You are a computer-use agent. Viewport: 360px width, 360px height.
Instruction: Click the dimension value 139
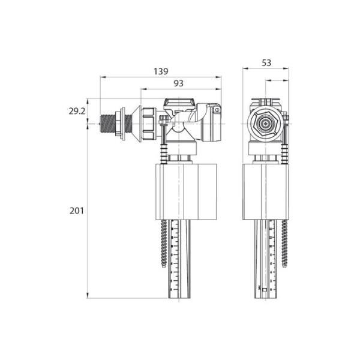tap(160, 71)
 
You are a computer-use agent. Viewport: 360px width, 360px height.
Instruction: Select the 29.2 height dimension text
tap(77, 112)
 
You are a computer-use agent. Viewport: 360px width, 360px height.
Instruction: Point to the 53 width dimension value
tap(266, 62)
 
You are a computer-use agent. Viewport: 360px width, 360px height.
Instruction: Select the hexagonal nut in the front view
tap(265, 125)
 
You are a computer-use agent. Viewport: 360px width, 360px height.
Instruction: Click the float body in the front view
tap(266, 191)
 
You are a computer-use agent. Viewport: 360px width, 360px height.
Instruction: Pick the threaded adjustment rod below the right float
tap(286, 246)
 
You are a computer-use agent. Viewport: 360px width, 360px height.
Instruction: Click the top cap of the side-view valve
tap(178, 103)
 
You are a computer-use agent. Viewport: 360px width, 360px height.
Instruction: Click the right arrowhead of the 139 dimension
tap(219, 77)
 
